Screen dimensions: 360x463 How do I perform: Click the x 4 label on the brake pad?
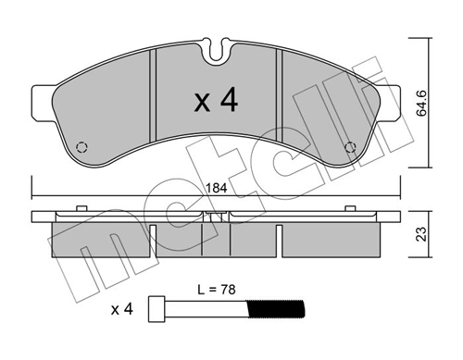[x=216, y=102]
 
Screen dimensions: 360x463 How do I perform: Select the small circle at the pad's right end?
[x=350, y=148]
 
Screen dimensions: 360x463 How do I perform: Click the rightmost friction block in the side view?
[x=332, y=241]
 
